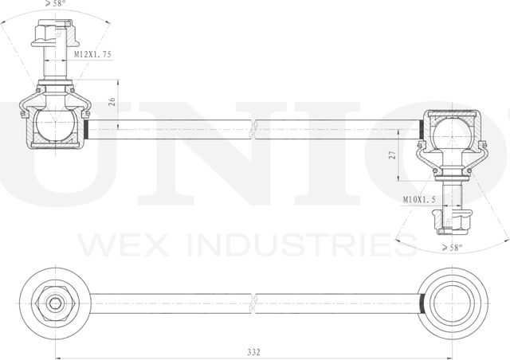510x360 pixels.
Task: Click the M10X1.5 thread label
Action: (x=420, y=201)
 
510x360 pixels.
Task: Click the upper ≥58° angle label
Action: (x=56, y=4)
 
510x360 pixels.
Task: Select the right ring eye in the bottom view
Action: (x=453, y=303)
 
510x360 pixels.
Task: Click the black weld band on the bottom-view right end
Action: (x=420, y=303)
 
